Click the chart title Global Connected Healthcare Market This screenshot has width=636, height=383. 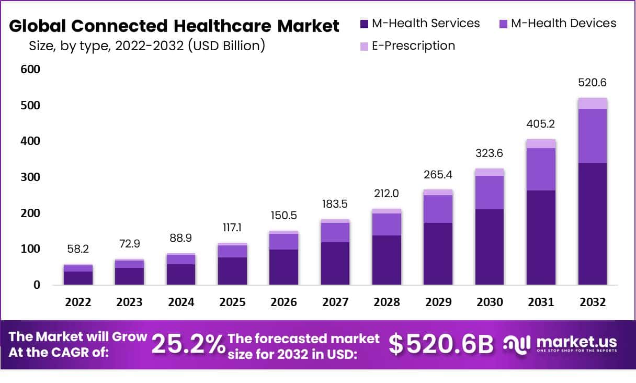point(174,26)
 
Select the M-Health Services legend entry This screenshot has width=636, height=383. point(419,24)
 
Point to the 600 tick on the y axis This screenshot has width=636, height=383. point(30,70)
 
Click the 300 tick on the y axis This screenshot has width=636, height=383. point(30,177)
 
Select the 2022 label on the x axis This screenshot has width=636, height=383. point(78,302)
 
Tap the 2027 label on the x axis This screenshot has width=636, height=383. point(335,302)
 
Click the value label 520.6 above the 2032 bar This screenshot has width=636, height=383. point(592,83)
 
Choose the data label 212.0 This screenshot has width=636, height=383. point(387,194)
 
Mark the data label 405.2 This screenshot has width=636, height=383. point(541,125)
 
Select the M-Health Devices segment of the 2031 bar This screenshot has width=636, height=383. point(541,169)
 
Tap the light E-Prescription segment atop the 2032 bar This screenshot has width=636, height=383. point(592,103)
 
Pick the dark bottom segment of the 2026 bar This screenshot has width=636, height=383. point(283,267)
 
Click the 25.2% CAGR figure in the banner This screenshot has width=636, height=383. point(188,344)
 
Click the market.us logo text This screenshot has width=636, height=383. point(576,342)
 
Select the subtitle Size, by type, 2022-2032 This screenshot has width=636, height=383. point(147,46)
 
